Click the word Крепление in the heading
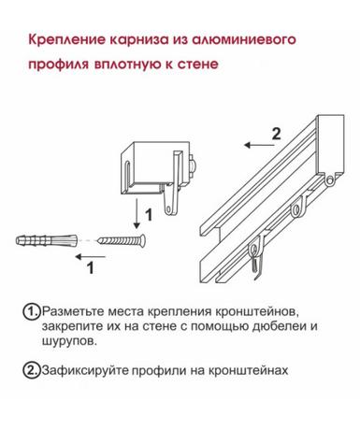point(66,40)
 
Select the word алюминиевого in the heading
point(243,40)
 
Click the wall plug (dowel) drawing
point(46,239)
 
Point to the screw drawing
point(122,240)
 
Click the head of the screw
point(142,240)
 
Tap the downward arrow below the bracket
point(137,213)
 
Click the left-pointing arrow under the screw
point(91,257)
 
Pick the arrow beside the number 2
point(260,145)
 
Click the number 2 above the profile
point(276,134)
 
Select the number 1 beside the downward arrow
point(149,215)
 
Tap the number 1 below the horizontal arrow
point(91,268)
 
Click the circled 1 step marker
point(32,312)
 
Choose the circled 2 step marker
point(32,370)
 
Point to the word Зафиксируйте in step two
point(85,371)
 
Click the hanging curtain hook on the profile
point(255,257)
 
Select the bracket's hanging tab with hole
point(170,203)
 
